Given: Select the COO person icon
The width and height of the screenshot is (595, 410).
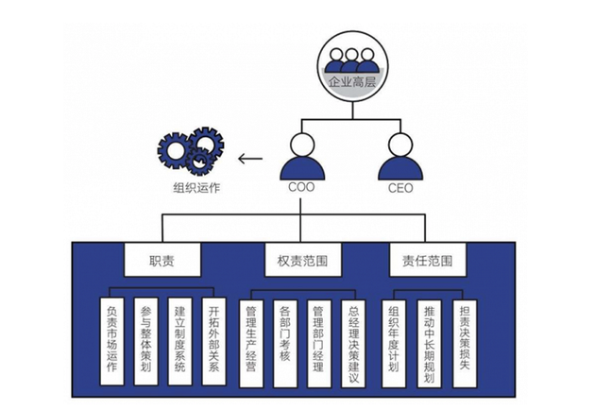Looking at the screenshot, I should [x=300, y=158].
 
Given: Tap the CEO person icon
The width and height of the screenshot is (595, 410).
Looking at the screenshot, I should [x=401, y=158].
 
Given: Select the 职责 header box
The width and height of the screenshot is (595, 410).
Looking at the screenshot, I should [x=162, y=259].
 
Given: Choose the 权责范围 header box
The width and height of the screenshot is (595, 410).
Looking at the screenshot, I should [x=301, y=259].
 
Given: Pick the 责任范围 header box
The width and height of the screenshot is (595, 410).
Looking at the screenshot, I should [x=428, y=259].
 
